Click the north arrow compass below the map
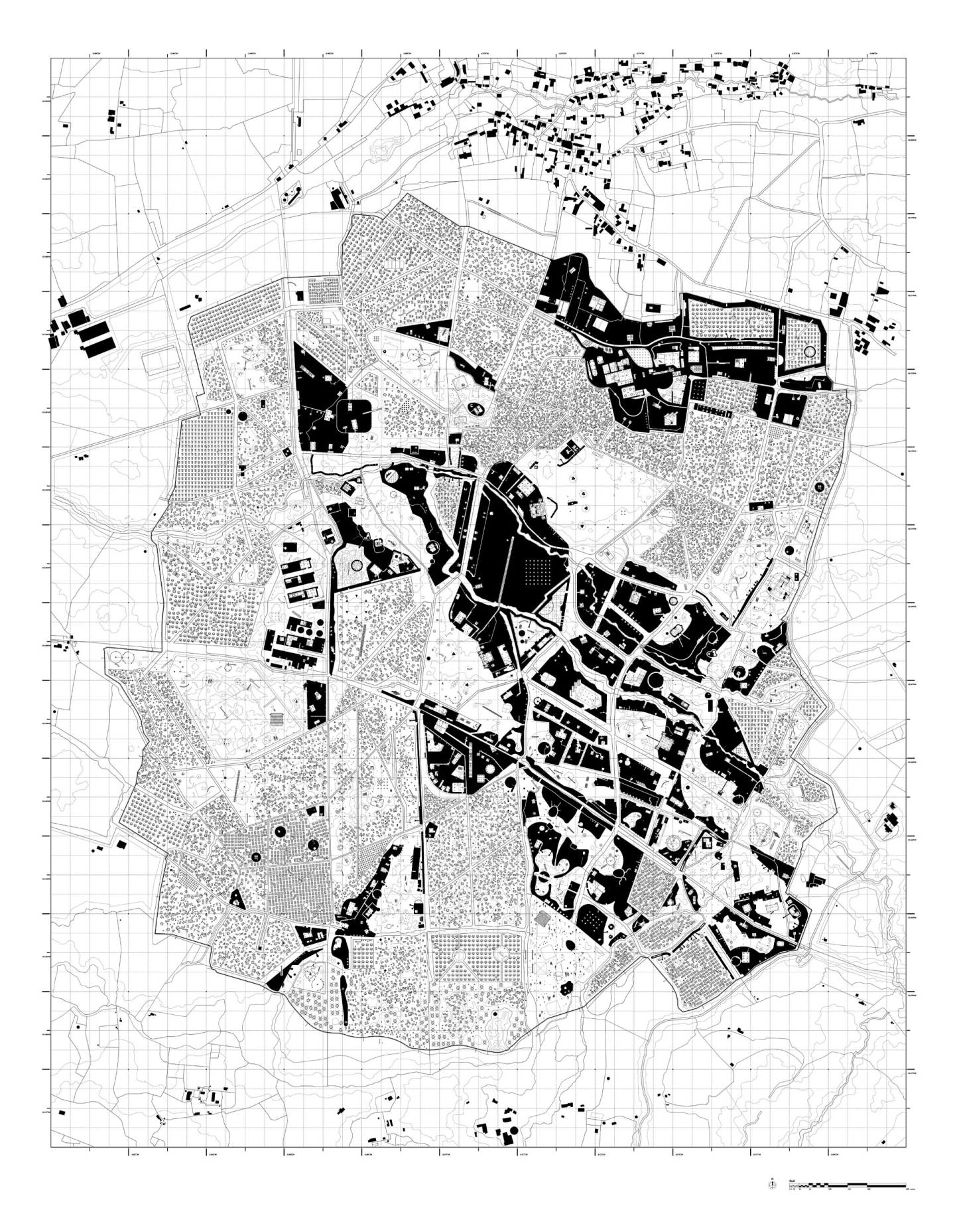click(772, 1183)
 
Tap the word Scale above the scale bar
click(793, 1180)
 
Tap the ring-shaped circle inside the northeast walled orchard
click(809, 351)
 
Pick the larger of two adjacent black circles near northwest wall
click(242, 415)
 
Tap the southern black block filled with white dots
click(594, 920)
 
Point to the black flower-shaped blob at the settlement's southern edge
click(566, 988)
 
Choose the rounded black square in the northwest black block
click(355, 415)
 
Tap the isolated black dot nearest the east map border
click(903, 474)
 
